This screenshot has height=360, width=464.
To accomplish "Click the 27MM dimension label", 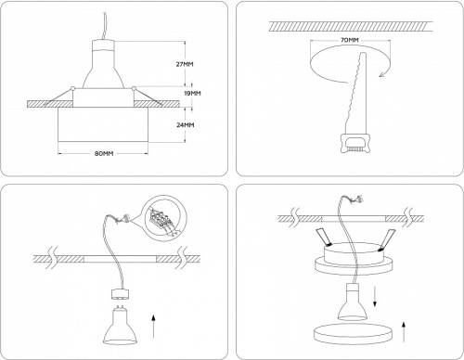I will [x=185, y=64].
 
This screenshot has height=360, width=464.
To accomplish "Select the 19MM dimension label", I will [x=192, y=94].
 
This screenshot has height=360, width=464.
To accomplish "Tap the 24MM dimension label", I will [x=185, y=124].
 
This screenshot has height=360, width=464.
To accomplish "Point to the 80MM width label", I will [x=102, y=153].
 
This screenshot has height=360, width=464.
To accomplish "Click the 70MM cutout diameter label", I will [x=348, y=42].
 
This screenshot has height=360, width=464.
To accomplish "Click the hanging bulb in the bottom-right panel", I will [x=355, y=299].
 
